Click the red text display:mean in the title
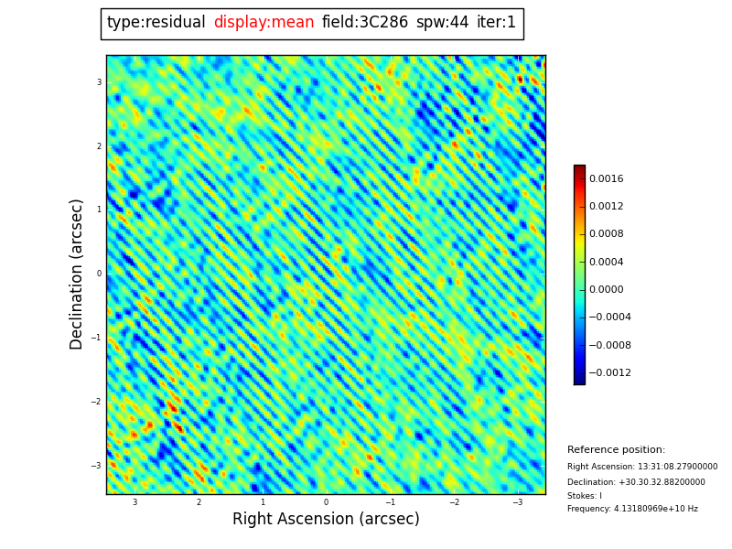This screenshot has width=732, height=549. (x=264, y=23)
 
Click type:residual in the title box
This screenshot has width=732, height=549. (x=156, y=23)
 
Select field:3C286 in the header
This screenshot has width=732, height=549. (x=364, y=23)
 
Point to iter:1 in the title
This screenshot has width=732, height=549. (x=496, y=23)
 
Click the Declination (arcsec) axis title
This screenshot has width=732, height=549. (x=77, y=274)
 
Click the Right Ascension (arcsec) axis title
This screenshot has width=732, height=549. (x=326, y=519)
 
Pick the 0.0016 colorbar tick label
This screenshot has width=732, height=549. (x=606, y=179)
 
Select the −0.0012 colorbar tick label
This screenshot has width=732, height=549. (x=609, y=373)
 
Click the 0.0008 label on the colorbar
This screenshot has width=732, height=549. (x=606, y=234)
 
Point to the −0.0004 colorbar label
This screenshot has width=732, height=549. (x=609, y=318)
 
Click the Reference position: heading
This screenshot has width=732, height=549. (x=616, y=450)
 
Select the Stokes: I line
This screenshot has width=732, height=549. (x=585, y=496)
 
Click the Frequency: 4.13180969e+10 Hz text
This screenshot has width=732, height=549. (x=632, y=509)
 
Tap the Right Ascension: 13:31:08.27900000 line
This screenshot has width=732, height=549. (x=642, y=467)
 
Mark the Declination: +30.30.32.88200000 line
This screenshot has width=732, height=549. (x=636, y=482)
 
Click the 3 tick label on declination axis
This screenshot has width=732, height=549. (x=99, y=82)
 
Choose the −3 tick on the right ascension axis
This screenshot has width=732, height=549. (x=517, y=502)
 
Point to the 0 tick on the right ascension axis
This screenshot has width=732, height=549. (x=326, y=502)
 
